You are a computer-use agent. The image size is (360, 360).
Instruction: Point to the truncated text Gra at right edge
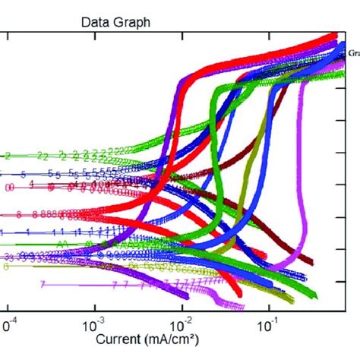(x=353, y=54)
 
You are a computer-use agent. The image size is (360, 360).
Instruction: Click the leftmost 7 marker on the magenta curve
(x=43, y=284)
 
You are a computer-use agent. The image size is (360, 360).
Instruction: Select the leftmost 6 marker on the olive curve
(x=8, y=267)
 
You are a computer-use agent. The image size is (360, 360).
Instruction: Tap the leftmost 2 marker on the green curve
(x=8, y=156)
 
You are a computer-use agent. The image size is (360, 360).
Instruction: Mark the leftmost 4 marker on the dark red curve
(x=31, y=184)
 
